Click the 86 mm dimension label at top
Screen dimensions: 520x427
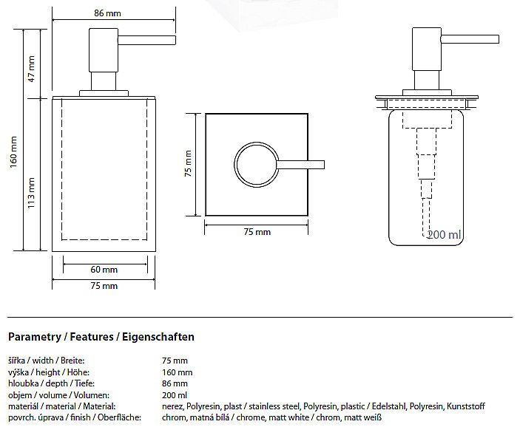pos(107,13)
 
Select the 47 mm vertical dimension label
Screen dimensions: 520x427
pos(31,69)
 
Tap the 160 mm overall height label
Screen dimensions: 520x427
pos(13,151)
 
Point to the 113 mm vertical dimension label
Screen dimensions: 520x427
pos(31,193)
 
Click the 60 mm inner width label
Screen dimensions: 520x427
pos(104,270)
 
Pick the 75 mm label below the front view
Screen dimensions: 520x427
pos(104,286)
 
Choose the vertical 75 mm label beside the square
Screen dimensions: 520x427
pos(188,163)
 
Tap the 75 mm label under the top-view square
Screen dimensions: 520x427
pos(257,232)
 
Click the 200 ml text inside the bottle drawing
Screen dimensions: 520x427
pos(445,234)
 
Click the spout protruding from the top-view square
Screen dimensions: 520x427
pos(301,165)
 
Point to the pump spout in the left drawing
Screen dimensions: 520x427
pos(146,40)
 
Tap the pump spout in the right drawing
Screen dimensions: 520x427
pos(470,39)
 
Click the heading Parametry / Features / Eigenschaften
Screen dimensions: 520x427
pos(101,337)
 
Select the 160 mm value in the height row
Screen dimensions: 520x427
pos(177,372)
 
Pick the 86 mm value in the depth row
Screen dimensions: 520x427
pos(175,383)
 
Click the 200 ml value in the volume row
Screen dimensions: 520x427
pos(175,395)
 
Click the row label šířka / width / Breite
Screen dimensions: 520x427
pos(46,361)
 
